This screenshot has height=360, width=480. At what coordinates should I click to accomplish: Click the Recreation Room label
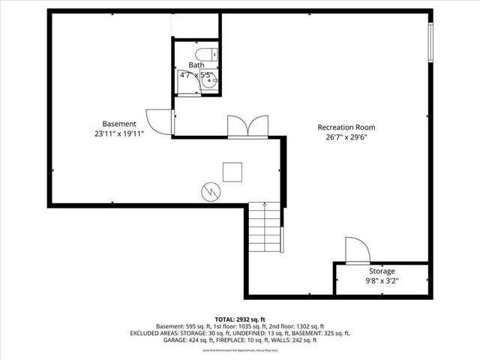point(346,127)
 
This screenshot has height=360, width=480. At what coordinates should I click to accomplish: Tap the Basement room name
point(119,124)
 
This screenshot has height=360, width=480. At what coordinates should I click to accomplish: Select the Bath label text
point(196,65)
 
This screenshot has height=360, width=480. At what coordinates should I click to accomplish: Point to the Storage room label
point(381,271)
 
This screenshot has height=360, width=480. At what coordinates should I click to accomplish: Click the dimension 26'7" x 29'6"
point(346,137)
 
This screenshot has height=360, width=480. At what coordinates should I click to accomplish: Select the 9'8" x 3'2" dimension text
point(381,281)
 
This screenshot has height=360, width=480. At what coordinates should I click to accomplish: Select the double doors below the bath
point(247,126)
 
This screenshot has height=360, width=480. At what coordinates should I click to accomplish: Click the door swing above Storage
point(355,250)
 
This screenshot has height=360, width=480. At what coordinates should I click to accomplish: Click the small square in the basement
point(231,172)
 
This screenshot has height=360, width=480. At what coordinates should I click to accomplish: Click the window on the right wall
point(430,43)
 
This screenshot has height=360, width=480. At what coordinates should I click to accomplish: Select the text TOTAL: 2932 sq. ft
point(240,319)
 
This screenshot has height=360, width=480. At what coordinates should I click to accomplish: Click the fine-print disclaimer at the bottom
point(240,349)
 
